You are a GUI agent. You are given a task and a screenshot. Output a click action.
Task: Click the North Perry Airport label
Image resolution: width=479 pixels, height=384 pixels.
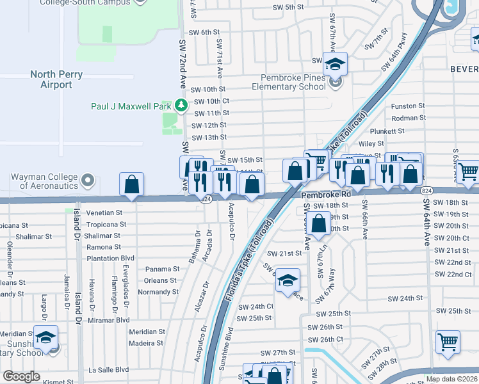click(x=56, y=79)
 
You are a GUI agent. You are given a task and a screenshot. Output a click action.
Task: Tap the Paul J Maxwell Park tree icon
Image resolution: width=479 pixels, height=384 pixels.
click(x=182, y=105)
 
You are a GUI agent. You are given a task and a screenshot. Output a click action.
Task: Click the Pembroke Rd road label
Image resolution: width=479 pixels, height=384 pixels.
click(x=327, y=194)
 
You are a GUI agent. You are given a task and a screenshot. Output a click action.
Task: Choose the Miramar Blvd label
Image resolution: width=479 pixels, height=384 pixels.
click(x=109, y=319)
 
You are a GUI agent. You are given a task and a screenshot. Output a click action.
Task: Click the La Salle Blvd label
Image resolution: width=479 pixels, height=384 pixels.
click(x=108, y=369)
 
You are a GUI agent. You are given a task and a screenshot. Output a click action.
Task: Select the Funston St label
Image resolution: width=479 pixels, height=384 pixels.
click(x=408, y=106)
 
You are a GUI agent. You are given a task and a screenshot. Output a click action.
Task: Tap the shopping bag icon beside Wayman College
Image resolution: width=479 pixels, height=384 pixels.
click(x=131, y=185)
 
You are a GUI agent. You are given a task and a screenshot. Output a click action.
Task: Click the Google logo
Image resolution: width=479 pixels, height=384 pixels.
click(x=21, y=376)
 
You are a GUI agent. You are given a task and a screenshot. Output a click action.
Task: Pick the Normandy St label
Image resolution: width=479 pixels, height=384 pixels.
click(x=158, y=292)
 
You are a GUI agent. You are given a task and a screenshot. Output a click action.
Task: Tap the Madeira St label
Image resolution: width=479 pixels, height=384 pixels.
click(x=146, y=343)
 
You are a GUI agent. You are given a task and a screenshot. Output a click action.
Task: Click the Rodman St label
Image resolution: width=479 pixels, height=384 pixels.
click(x=408, y=118)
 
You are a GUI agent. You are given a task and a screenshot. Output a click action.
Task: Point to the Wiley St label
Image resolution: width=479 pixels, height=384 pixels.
click(x=371, y=144)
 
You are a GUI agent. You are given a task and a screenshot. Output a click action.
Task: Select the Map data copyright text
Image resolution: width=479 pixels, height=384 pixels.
click(x=451, y=379)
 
